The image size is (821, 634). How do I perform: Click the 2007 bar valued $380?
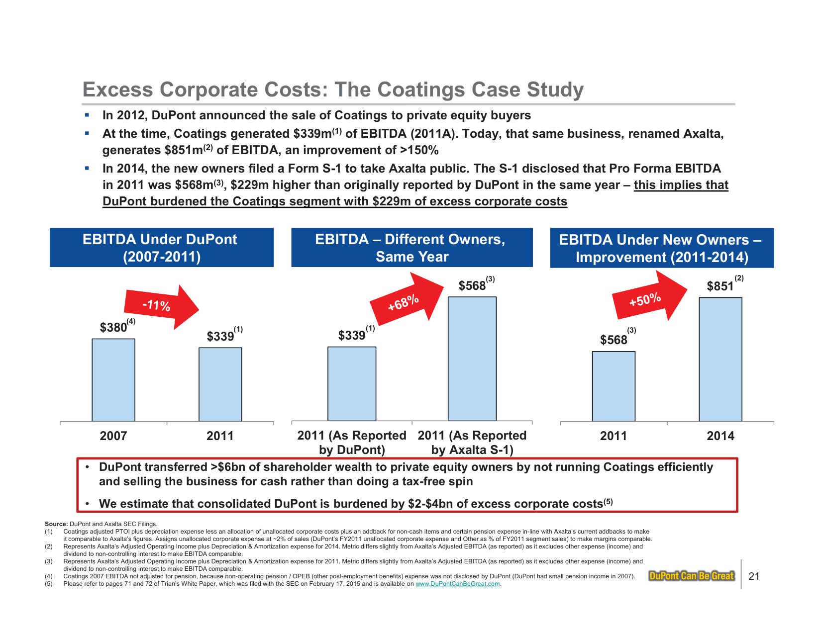click(x=113, y=380)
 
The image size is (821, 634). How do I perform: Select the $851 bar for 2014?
click(x=720, y=359)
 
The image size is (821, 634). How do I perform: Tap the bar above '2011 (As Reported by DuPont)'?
click(x=351, y=383)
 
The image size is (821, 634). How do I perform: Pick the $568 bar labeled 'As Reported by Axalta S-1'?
click(x=472, y=359)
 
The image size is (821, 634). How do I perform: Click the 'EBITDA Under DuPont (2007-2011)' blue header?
click(x=161, y=248)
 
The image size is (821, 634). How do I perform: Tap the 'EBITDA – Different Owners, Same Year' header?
click(x=411, y=248)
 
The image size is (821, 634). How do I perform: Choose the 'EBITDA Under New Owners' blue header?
click(x=661, y=248)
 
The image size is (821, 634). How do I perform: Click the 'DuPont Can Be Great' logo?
click(x=692, y=576)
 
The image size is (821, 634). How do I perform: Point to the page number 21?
click(x=754, y=576)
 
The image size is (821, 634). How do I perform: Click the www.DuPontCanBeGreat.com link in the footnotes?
click(x=457, y=584)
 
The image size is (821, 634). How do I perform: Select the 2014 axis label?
click(x=720, y=436)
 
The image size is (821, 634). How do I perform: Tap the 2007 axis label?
click(x=113, y=436)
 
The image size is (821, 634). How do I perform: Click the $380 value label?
click(x=113, y=327)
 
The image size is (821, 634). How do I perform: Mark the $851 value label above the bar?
click(x=720, y=286)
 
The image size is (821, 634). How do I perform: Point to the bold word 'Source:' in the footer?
click(x=56, y=524)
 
